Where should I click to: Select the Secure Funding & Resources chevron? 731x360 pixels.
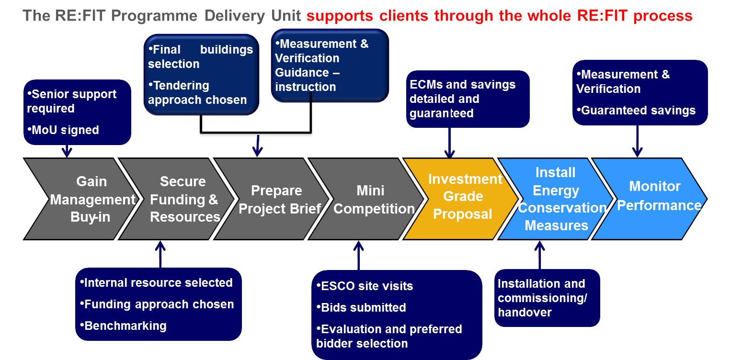pyautogui.click(x=178, y=199)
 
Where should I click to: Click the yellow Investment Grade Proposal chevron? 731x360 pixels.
pyautogui.click(x=462, y=199)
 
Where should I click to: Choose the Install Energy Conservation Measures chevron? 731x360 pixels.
pyautogui.click(x=557, y=199)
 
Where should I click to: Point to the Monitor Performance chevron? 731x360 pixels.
pyautogui.click(x=651, y=199)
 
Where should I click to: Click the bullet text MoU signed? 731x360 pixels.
pyautogui.click(x=63, y=130)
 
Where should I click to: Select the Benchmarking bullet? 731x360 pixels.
pyautogui.click(x=123, y=326)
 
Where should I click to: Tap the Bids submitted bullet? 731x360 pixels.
pyautogui.click(x=361, y=307)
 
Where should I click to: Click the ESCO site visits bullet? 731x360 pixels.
pyautogui.click(x=365, y=286)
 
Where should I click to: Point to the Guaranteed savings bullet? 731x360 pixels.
pyautogui.click(x=636, y=111)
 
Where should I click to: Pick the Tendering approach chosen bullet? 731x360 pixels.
pyautogui.click(x=197, y=92)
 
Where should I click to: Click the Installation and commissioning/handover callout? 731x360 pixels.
pyautogui.click(x=547, y=298)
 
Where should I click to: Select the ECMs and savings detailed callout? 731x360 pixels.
pyautogui.click(x=468, y=99)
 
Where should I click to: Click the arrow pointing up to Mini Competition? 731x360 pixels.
pyautogui.click(x=359, y=255)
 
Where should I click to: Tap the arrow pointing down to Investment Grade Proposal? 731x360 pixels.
pyautogui.click(x=449, y=143)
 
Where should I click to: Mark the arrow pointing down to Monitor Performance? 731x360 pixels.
pyautogui.click(x=637, y=141)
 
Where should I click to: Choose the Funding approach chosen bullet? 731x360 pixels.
pyautogui.click(x=157, y=304)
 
